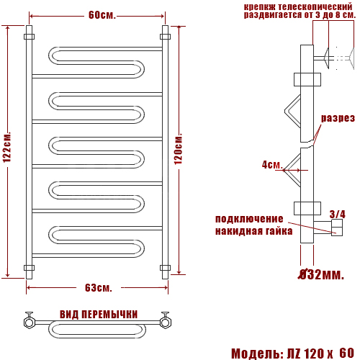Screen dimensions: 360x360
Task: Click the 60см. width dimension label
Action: coord(102,15)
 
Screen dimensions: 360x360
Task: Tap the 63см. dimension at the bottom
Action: coord(99,288)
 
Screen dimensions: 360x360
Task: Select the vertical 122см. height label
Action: coord(7,147)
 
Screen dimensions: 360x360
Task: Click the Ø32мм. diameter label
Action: coord(321,274)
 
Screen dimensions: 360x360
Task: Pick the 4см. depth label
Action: coord(272,165)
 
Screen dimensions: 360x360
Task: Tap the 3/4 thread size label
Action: coord(338,214)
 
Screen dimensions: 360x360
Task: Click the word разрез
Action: coord(338,118)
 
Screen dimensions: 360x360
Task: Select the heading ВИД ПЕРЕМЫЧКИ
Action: coord(99,315)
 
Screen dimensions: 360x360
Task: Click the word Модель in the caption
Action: coord(256,354)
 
